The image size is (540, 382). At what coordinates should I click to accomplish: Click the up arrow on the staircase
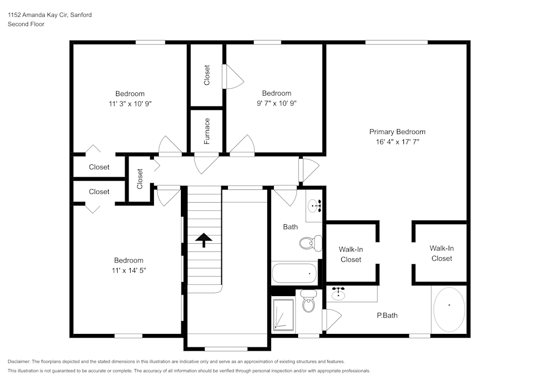[204, 240]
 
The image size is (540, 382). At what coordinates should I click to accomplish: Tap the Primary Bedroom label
[397, 132]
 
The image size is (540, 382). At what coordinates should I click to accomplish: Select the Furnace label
[207, 131]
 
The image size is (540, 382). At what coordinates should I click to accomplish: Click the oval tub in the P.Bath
[449, 310]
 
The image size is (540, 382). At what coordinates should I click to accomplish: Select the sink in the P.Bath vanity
[339, 294]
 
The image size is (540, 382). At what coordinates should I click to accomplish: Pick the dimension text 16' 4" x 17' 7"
[397, 142]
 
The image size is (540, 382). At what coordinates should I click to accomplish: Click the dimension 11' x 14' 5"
[128, 270]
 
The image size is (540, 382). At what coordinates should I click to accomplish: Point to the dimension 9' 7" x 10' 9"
[276, 103]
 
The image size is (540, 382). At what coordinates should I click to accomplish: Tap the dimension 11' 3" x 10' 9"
[130, 103]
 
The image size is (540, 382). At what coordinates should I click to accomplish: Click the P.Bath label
[387, 316]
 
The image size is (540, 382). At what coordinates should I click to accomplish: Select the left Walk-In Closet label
[350, 254]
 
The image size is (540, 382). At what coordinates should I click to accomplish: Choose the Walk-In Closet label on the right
[441, 253]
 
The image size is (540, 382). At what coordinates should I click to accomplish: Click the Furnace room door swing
[206, 164]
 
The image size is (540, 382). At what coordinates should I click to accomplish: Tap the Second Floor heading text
[26, 24]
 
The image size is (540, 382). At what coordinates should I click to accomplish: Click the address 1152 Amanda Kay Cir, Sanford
[49, 15]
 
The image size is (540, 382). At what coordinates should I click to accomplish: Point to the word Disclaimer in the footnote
[19, 361]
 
